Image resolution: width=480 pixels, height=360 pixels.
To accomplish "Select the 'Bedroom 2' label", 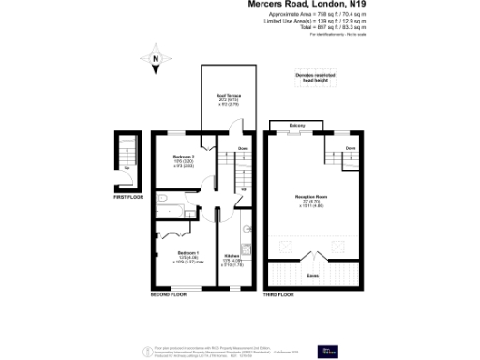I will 183,157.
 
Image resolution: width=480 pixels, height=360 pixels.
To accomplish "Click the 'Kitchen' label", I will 232,256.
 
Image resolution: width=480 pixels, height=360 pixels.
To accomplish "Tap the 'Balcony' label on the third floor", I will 297,125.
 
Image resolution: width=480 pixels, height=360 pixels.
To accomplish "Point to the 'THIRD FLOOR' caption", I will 278,294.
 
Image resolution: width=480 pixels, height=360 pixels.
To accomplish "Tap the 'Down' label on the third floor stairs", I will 349,148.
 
